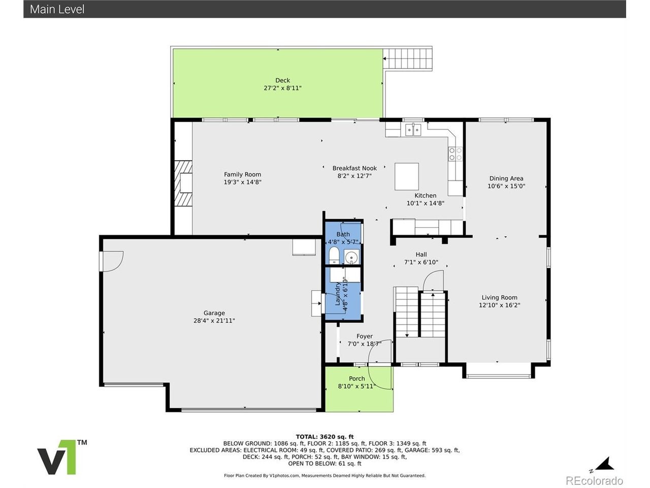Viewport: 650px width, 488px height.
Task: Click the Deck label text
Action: (282, 80)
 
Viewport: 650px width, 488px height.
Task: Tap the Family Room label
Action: (242, 174)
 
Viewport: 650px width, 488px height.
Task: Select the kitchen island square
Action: (406, 176)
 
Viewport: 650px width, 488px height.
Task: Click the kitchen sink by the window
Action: (413, 130)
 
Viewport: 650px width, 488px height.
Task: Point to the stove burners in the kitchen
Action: (455, 154)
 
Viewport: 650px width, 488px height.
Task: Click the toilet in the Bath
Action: (334, 255)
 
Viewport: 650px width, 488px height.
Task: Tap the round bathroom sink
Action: (351, 257)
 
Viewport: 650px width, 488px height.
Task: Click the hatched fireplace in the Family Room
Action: (183, 184)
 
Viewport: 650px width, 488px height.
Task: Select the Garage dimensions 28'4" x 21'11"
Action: (214, 321)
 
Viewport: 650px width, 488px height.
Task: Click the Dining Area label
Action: (506, 178)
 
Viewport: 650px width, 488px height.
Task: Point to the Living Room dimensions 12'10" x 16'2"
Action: (499, 305)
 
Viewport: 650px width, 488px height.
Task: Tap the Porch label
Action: (356, 379)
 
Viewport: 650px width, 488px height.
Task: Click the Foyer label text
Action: (364, 337)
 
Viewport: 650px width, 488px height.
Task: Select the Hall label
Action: (421, 255)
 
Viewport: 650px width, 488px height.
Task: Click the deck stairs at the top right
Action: (407, 58)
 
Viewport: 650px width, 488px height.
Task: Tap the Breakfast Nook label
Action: (354, 168)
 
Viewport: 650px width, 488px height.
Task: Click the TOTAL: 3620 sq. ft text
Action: (324, 437)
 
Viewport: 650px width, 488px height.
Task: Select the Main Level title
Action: (57, 10)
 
